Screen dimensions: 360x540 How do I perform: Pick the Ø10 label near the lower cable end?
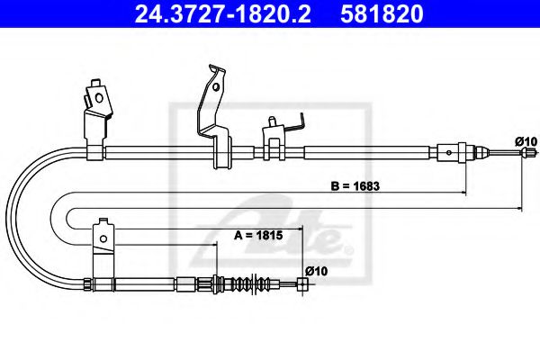click(315, 269)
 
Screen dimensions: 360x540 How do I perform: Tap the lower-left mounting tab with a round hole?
click(103, 238)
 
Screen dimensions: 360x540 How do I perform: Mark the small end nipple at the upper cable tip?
click(519, 155)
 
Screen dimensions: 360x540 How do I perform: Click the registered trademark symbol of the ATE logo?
click(339, 238)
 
